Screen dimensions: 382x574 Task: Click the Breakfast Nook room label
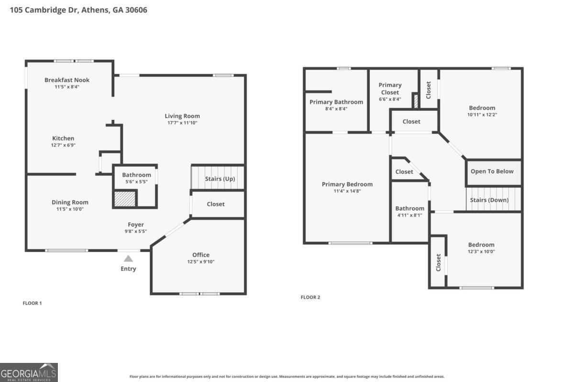click(67, 80)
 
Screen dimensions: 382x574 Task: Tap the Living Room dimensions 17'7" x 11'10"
click(182, 123)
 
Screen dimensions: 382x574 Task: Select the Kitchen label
click(63, 138)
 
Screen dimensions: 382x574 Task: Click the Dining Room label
click(70, 202)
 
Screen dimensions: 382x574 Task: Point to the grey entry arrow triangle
click(128, 259)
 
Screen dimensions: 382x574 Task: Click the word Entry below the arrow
click(128, 269)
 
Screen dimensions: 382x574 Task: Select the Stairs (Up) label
click(220, 179)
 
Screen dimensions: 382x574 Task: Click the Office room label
click(201, 255)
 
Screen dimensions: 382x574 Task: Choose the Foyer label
click(136, 225)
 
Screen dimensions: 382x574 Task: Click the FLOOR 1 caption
click(33, 303)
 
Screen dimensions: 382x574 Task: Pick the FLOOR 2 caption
click(310, 297)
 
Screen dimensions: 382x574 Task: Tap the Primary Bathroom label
click(336, 102)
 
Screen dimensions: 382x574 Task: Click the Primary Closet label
click(390, 89)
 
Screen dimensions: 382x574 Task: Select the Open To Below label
click(492, 171)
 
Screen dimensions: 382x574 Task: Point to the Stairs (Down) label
click(489, 200)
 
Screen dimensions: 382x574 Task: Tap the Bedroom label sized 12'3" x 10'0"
click(481, 245)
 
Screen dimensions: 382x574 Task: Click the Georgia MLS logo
click(29, 372)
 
